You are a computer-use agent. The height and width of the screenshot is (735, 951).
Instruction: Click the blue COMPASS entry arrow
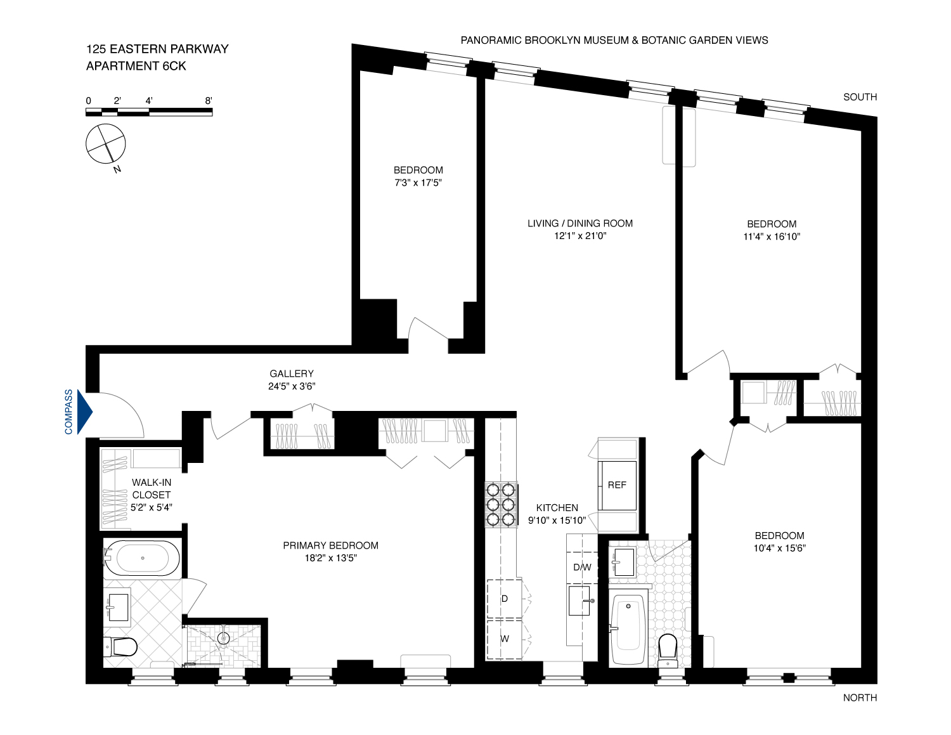[x=84, y=412]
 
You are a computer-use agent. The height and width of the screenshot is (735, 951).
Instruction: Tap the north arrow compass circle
[x=106, y=143]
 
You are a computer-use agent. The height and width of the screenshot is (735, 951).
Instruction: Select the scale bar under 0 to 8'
[x=149, y=112]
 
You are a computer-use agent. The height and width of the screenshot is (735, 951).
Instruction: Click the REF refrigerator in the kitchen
[x=618, y=485]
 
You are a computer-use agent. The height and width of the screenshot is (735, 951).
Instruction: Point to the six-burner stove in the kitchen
[x=501, y=505]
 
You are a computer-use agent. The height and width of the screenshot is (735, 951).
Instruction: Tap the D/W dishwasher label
[x=582, y=567]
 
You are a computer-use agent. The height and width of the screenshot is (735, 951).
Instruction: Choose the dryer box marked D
[x=505, y=599]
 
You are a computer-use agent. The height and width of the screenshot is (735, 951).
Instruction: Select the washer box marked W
[x=505, y=639]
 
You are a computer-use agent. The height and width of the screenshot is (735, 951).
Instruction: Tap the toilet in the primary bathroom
[x=122, y=647]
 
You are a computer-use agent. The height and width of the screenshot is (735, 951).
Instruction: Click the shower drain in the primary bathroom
[x=223, y=638]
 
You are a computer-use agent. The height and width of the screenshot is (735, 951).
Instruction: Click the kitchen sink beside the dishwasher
[x=579, y=601]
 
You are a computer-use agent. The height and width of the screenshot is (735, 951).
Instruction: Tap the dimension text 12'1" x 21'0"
[x=580, y=236]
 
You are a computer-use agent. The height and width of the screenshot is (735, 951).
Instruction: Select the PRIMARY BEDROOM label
[x=330, y=545]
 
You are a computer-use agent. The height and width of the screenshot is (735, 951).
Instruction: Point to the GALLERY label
[x=292, y=374]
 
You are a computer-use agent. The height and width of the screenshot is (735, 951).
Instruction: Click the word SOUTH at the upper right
[x=860, y=97]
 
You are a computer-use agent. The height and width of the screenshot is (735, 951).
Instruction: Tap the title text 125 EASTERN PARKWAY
[x=157, y=49]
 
